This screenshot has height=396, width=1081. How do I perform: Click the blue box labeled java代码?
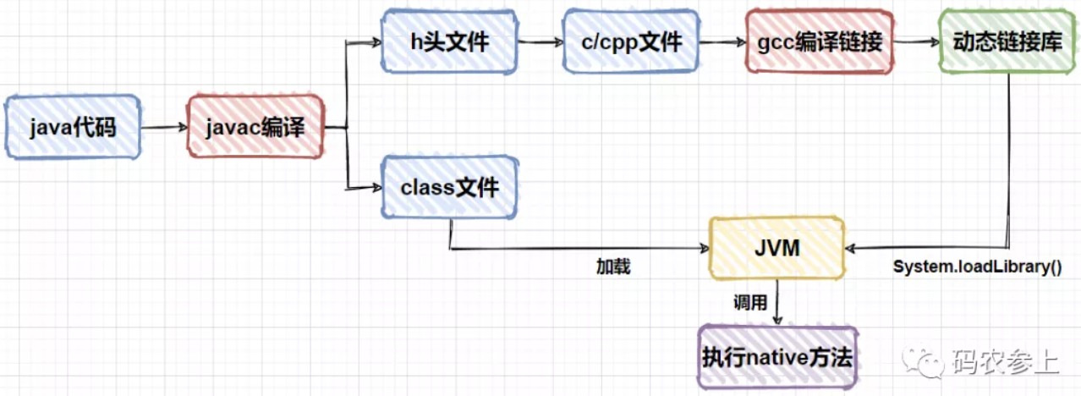coord(72,128)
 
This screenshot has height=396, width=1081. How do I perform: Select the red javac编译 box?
coord(255,128)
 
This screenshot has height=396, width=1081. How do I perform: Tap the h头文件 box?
coord(447,41)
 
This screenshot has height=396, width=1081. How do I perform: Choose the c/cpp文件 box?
coord(632,41)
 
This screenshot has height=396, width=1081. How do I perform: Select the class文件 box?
coord(449,187)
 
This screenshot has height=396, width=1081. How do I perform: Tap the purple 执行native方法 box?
coord(776,357)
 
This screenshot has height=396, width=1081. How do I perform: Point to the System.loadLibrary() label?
coord(977,266)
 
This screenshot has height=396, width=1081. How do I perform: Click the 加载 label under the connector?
coord(613,267)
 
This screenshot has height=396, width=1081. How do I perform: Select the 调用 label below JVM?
coord(750,303)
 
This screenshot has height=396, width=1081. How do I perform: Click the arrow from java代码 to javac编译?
coord(164,128)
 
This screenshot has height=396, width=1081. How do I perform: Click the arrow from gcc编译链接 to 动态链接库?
coord(914,41)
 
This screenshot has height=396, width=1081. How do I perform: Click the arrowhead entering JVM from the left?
coord(703,250)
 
